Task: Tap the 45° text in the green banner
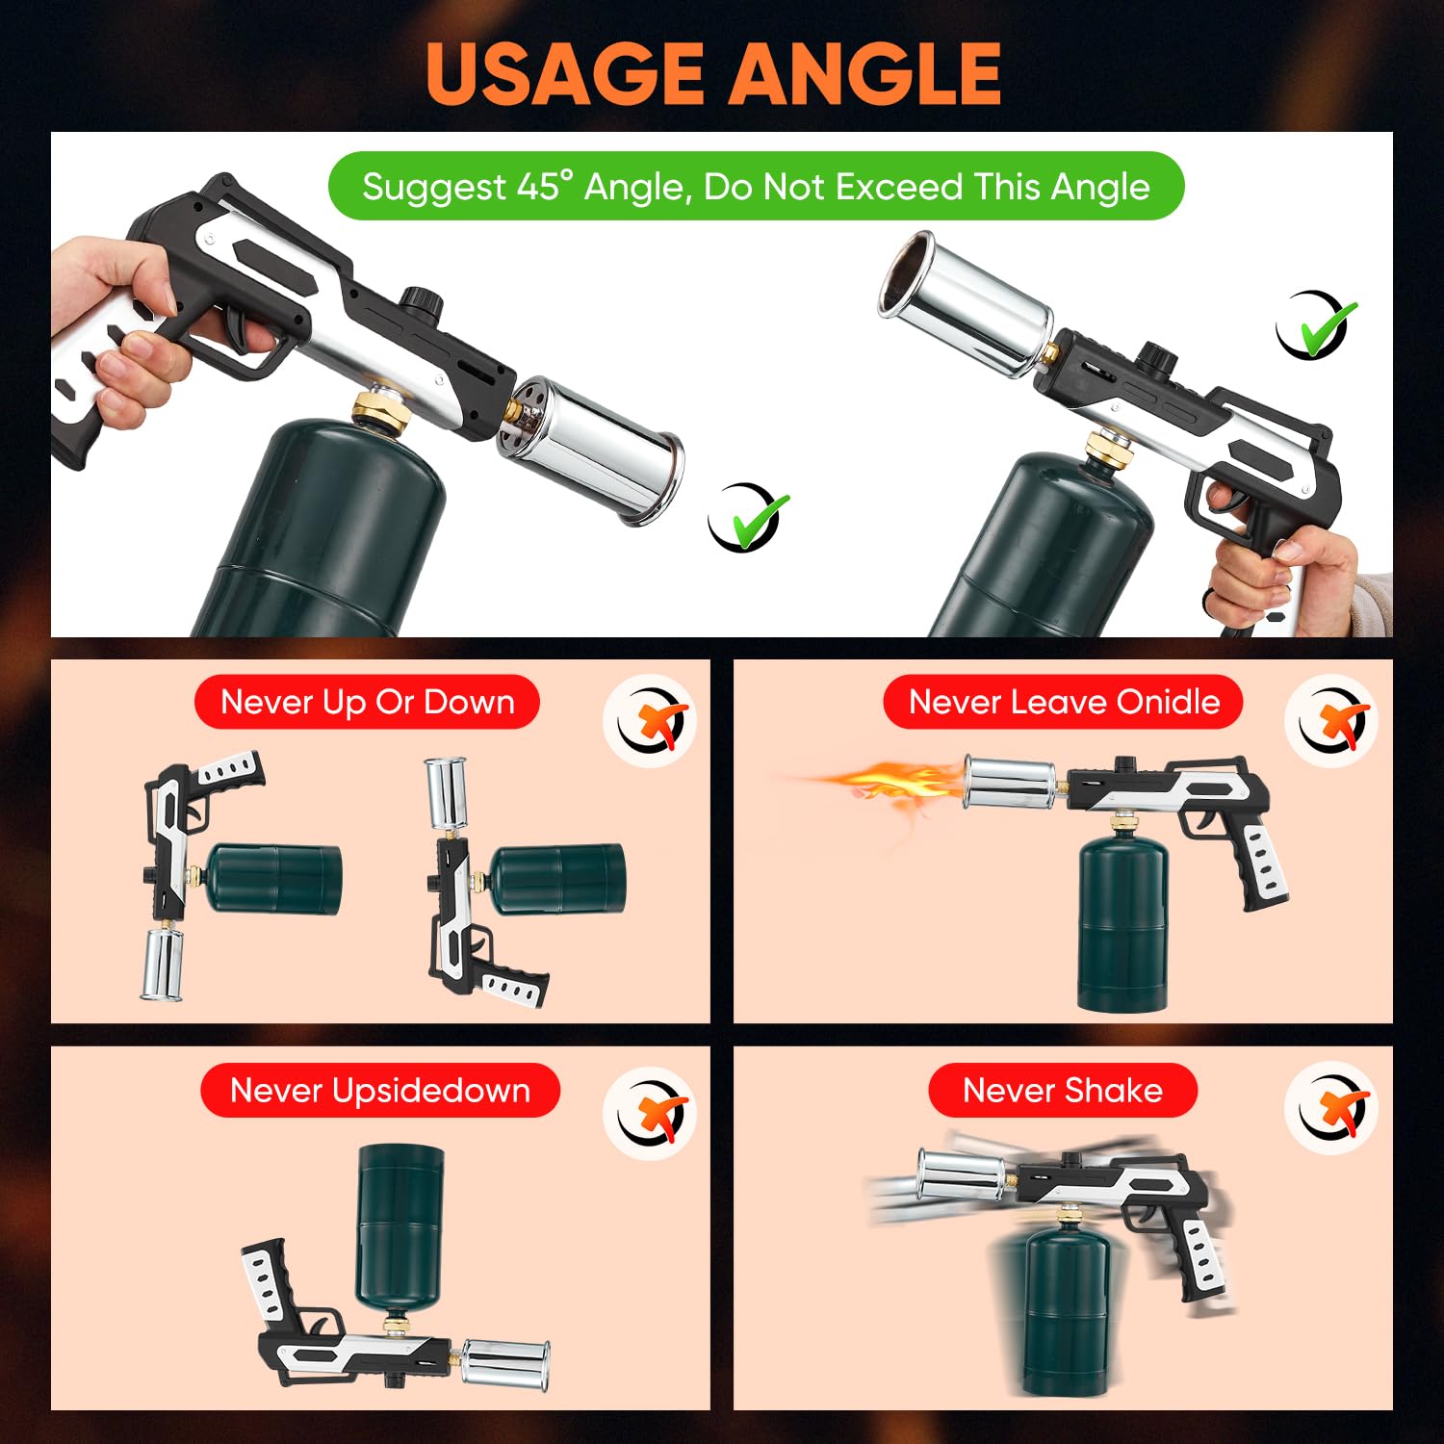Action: point(544,186)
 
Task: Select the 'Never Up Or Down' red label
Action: point(367,702)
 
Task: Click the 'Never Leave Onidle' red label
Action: point(1063,702)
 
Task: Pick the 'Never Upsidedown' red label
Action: point(379,1091)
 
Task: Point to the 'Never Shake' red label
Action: point(1062,1091)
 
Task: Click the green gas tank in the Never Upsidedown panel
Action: point(400,1223)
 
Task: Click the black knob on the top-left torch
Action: point(420,301)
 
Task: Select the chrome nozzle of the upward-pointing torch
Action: point(963,298)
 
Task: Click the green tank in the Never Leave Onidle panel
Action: point(1122,924)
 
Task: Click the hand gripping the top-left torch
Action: point(116,327)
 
